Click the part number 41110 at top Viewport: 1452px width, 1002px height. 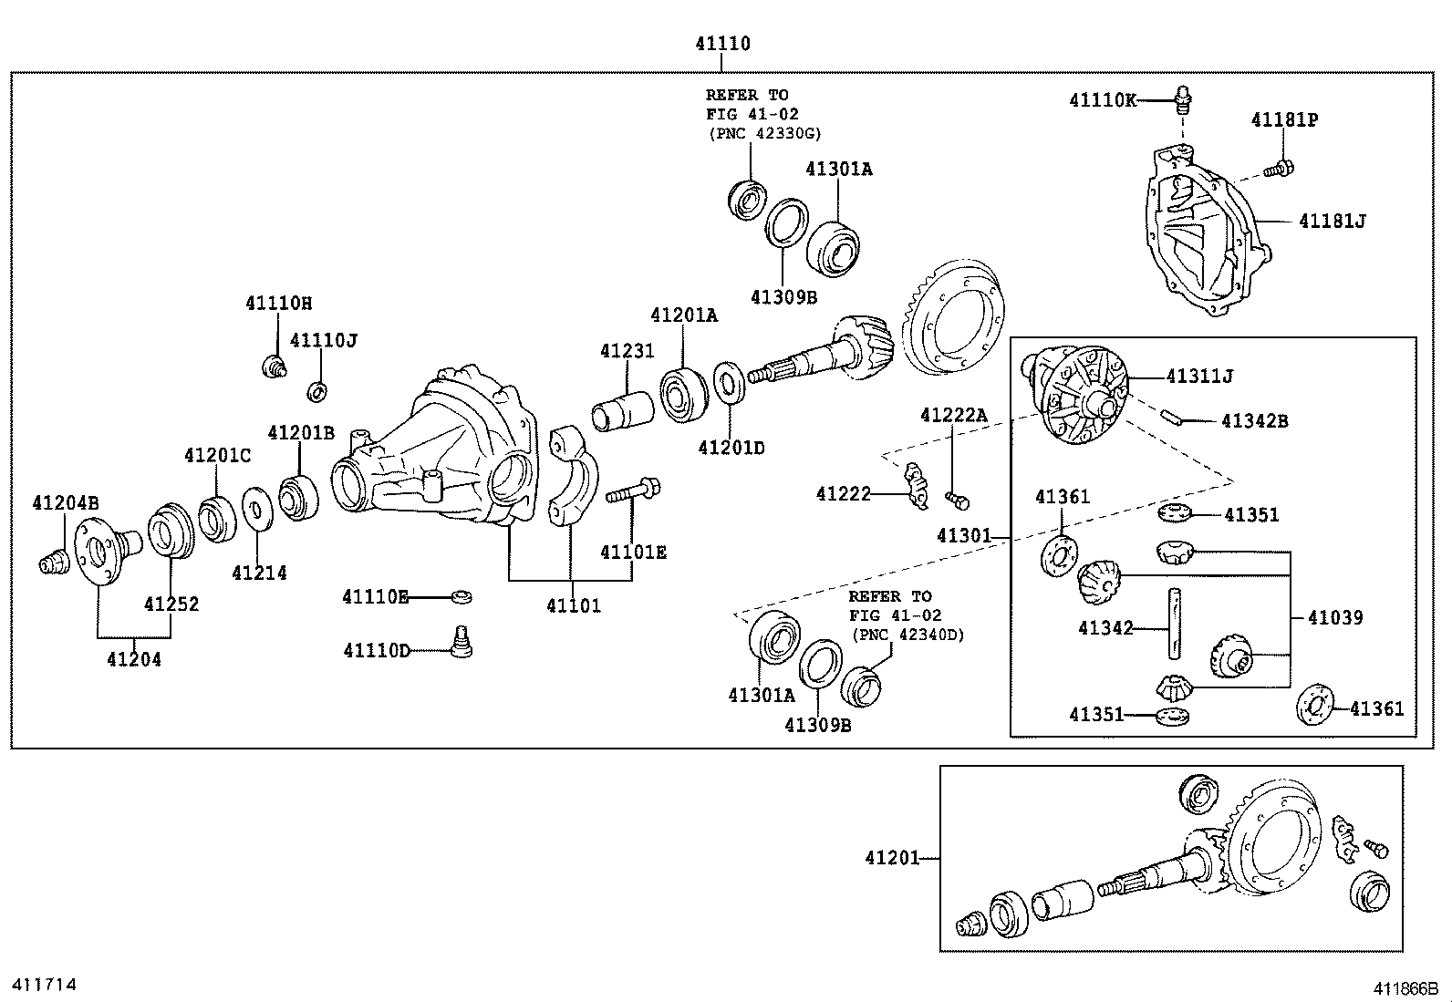click(722, 44)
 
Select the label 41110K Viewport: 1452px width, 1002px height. click(1103, 100)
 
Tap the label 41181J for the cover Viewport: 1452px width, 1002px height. click(1332, 221)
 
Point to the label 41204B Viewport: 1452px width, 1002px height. click(66, 502)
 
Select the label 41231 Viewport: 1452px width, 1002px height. click(627, 351)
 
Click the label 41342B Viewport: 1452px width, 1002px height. click(1254, 421)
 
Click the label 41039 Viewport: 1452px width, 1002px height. click(1334, 617)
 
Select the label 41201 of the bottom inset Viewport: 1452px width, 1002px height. click(893, 858)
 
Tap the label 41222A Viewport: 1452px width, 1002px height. click(953, 415)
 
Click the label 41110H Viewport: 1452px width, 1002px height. click(278, 303)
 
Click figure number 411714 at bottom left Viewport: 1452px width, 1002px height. click(42, 985)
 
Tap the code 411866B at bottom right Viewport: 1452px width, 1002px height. click(1406, 988)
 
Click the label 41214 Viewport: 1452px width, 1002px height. click(258, 573)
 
